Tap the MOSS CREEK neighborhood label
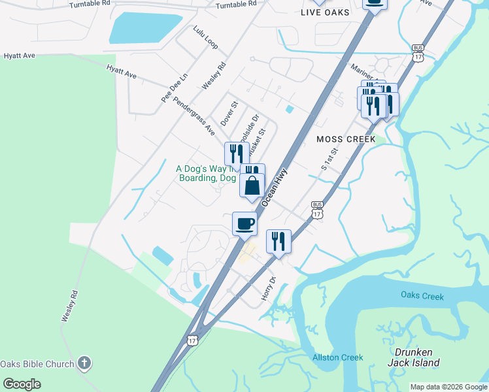(x=346, y=139)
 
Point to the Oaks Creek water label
(x=422, y=296)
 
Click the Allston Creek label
(x=338, y=357)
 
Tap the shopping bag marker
(x=252, y=186)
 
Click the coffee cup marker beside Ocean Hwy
(x=244, y=223)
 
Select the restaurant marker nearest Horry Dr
(x=278, y=242)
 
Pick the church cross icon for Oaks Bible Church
(x=84, y=363)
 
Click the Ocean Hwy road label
(x=274, y=187)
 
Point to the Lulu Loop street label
(x=205, y=38)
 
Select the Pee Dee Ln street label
(x=175, y=87)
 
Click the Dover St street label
(x=228, y=112)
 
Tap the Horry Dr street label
(x=269, y=288)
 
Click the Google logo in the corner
(x=22, y=384)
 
